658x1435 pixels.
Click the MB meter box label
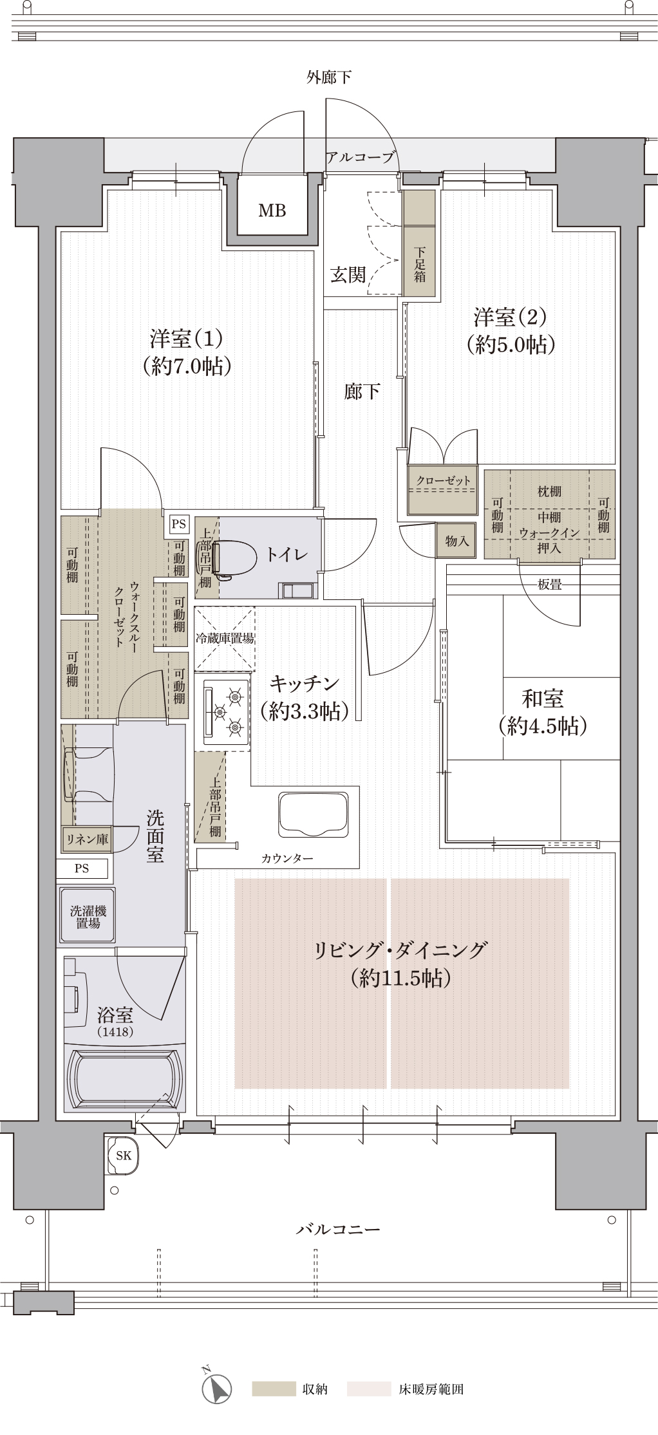click(x=272, y=211)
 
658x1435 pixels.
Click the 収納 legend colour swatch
click(x=273, y=1389)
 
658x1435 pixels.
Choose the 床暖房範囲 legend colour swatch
click(x=369, y=1389)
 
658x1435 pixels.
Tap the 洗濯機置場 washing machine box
click(x=88, y=917)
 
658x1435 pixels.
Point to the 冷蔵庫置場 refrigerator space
click(x=224, y=638)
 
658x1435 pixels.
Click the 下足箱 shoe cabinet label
click(x=419, y=265)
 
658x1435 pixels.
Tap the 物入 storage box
click(x=456, y=541)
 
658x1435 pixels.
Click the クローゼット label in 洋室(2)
click(x=443, y=481)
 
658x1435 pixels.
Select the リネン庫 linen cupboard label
click(x=87, y=839)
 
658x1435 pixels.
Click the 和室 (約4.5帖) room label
click(x=542, y=711)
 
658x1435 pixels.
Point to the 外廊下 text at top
click(x=328, y=78)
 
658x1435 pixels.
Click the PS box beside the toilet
click(x=178, y=524)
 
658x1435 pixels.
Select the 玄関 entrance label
click(x=348, y=275)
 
